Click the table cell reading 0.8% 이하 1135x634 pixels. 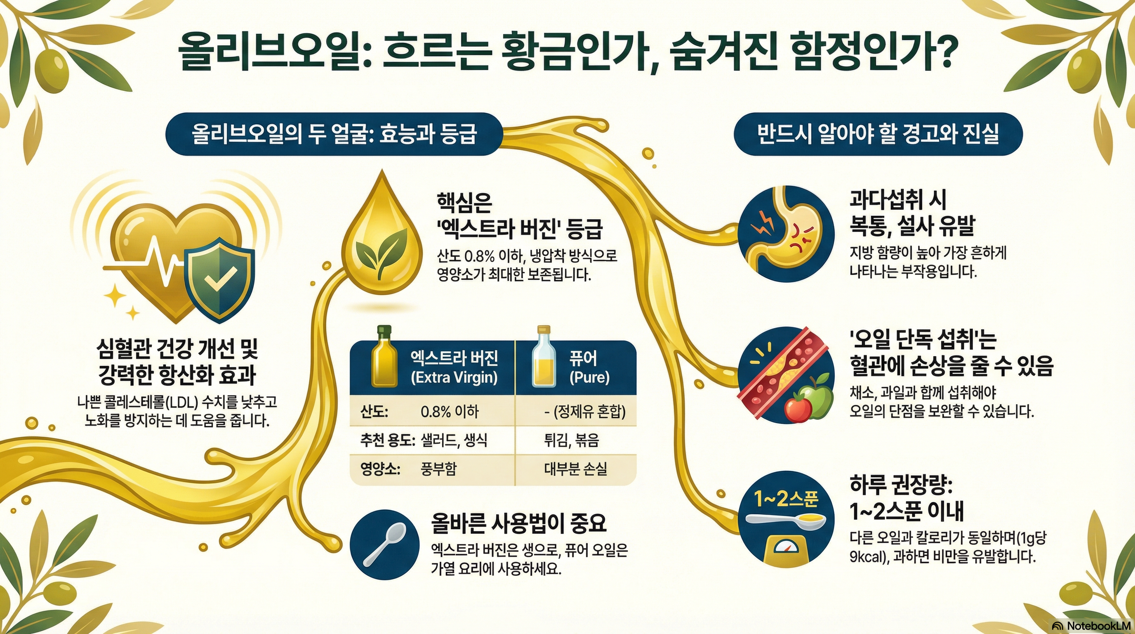(x=450, y=412)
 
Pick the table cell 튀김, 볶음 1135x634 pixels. (x=572, y=440)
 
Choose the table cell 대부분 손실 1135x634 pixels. (x=575, y=468)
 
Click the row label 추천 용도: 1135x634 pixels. (x=387, y=440)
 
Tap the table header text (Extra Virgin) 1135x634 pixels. (x=454, y=378)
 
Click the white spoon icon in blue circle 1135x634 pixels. (x=384, y=544)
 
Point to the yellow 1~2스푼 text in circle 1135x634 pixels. (x=786, y=499)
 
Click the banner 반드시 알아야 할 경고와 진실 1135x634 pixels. (x=878, y=135)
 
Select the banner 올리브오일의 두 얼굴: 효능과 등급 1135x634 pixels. (x=334, y=135)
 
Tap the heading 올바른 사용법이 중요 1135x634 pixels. (x=519, y=523)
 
